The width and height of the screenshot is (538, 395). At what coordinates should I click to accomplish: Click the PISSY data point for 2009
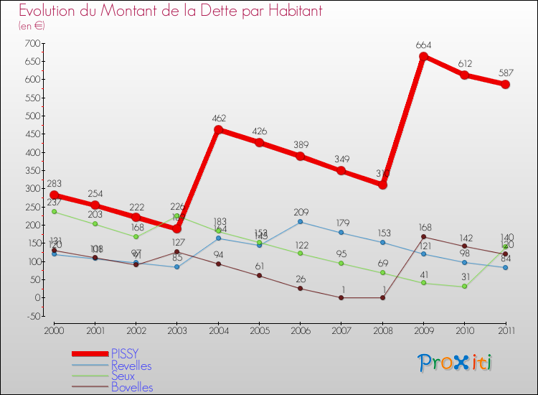click(423, 57)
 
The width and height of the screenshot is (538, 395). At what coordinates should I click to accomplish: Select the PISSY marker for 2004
click(218, 130)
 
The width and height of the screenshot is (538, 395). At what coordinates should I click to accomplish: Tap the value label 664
click(423, 45)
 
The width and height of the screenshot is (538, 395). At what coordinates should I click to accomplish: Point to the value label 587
click(505, 73)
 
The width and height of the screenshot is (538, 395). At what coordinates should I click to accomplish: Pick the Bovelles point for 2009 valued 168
click(423, 236)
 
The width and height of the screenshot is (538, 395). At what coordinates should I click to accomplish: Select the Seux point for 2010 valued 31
click(464, 286)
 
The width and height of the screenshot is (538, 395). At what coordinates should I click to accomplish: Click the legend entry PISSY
click(125, 353)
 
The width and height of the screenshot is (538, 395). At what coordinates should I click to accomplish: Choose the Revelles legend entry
click(131, 365)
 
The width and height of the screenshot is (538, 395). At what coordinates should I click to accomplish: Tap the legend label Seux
click(123, 376)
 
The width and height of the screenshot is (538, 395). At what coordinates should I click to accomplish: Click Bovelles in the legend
click(132, 388)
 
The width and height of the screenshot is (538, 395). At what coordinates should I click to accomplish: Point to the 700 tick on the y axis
click(32, 43)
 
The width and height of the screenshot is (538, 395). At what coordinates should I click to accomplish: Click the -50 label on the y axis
click(32, 316)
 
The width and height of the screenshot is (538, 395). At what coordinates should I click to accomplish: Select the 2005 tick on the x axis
click(259, 330)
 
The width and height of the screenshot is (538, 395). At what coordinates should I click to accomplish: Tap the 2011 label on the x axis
click(505, 330)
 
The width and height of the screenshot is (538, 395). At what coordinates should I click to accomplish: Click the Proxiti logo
click(455, 363)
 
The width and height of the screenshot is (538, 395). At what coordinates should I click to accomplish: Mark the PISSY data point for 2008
click(382, 185)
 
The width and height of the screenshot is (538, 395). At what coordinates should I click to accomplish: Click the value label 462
click(218, 118)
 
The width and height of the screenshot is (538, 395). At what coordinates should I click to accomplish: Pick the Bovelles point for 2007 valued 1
click(341, 297)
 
